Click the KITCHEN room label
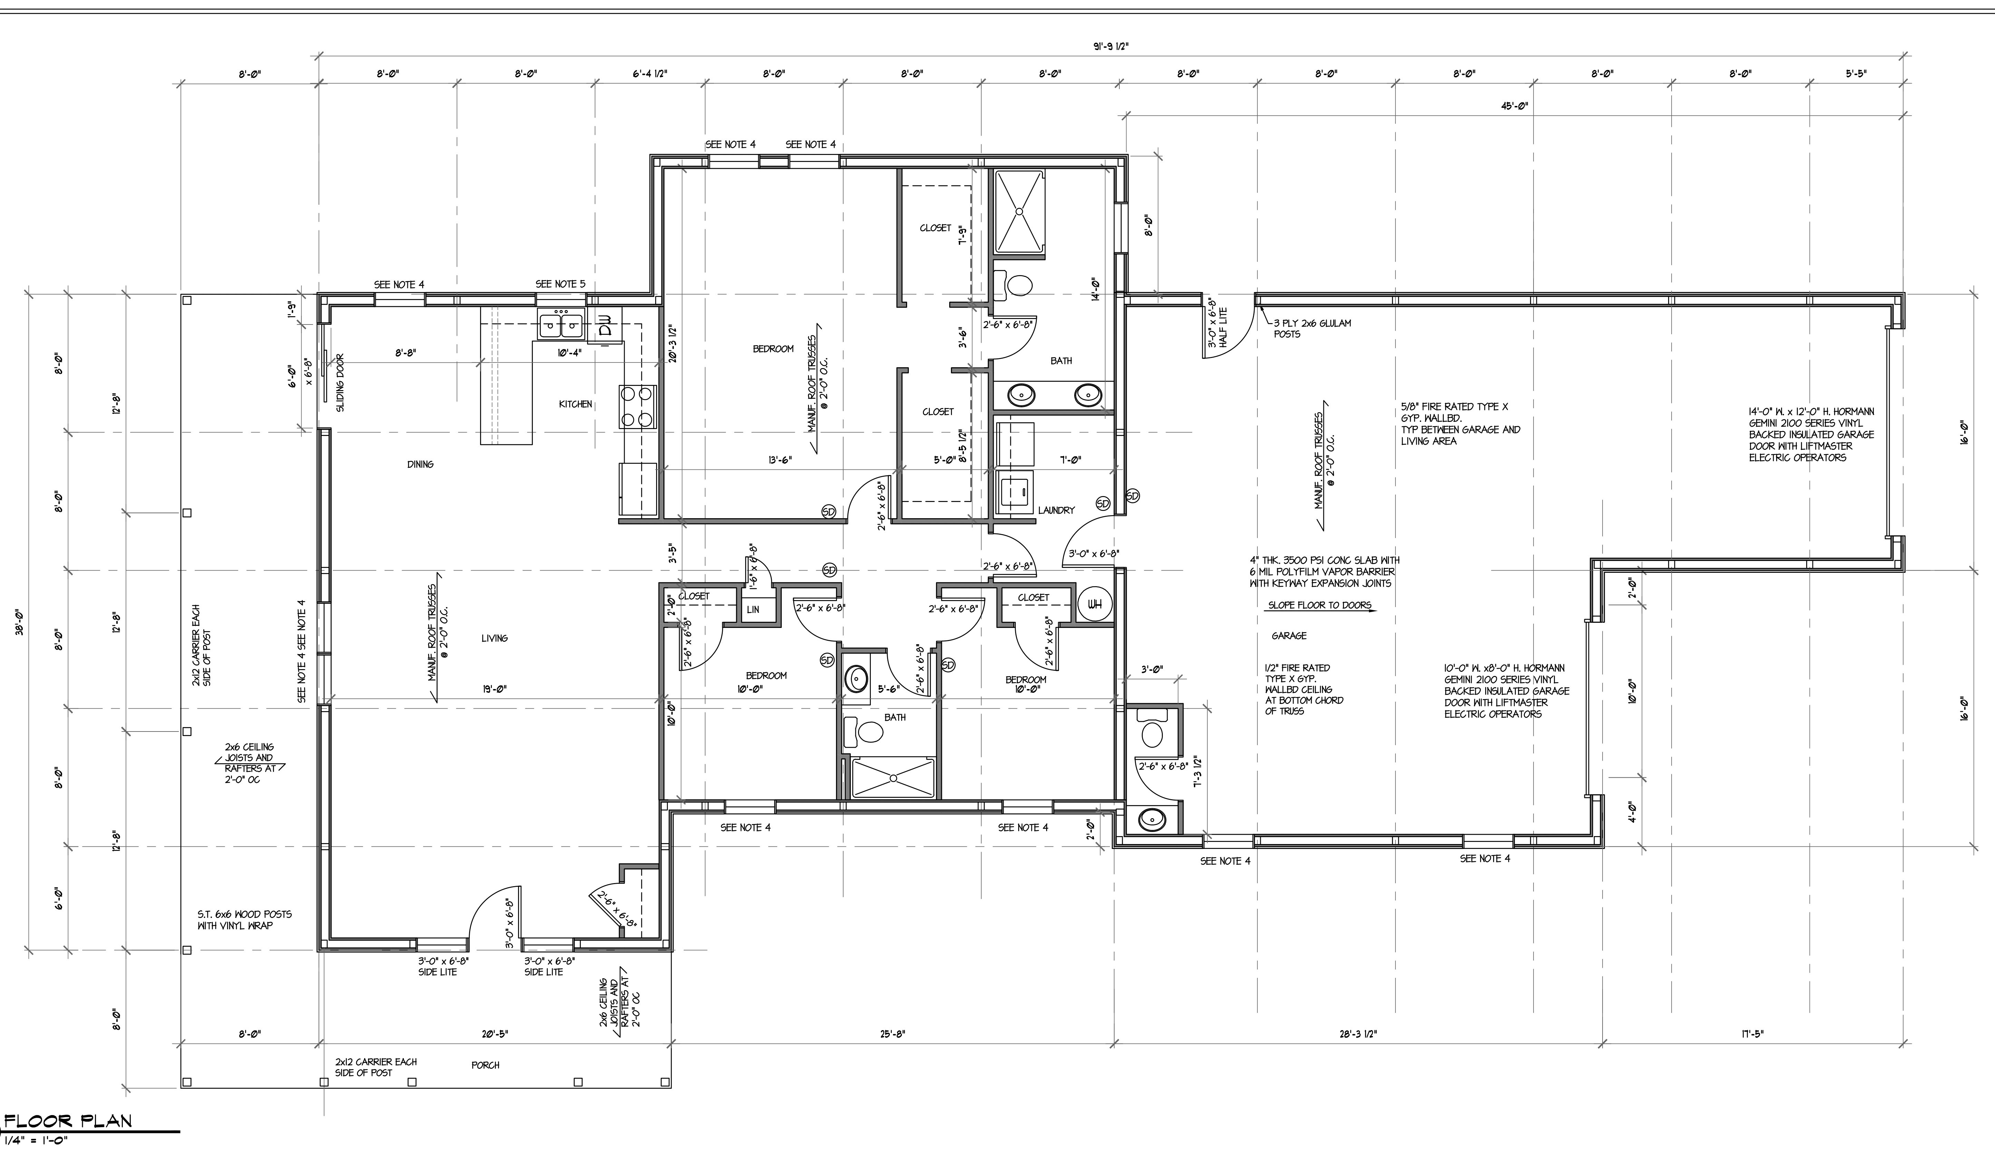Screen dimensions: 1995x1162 pos(575,405)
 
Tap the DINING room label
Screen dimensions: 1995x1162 pos(420,465)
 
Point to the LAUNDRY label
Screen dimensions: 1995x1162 pos(1056,511)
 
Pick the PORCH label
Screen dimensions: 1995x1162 pos(485,1065)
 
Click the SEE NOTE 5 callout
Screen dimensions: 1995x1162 pos(561,284)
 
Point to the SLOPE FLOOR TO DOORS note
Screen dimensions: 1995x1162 pos(1319,606)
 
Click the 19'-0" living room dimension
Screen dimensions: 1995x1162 pos(495,689)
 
